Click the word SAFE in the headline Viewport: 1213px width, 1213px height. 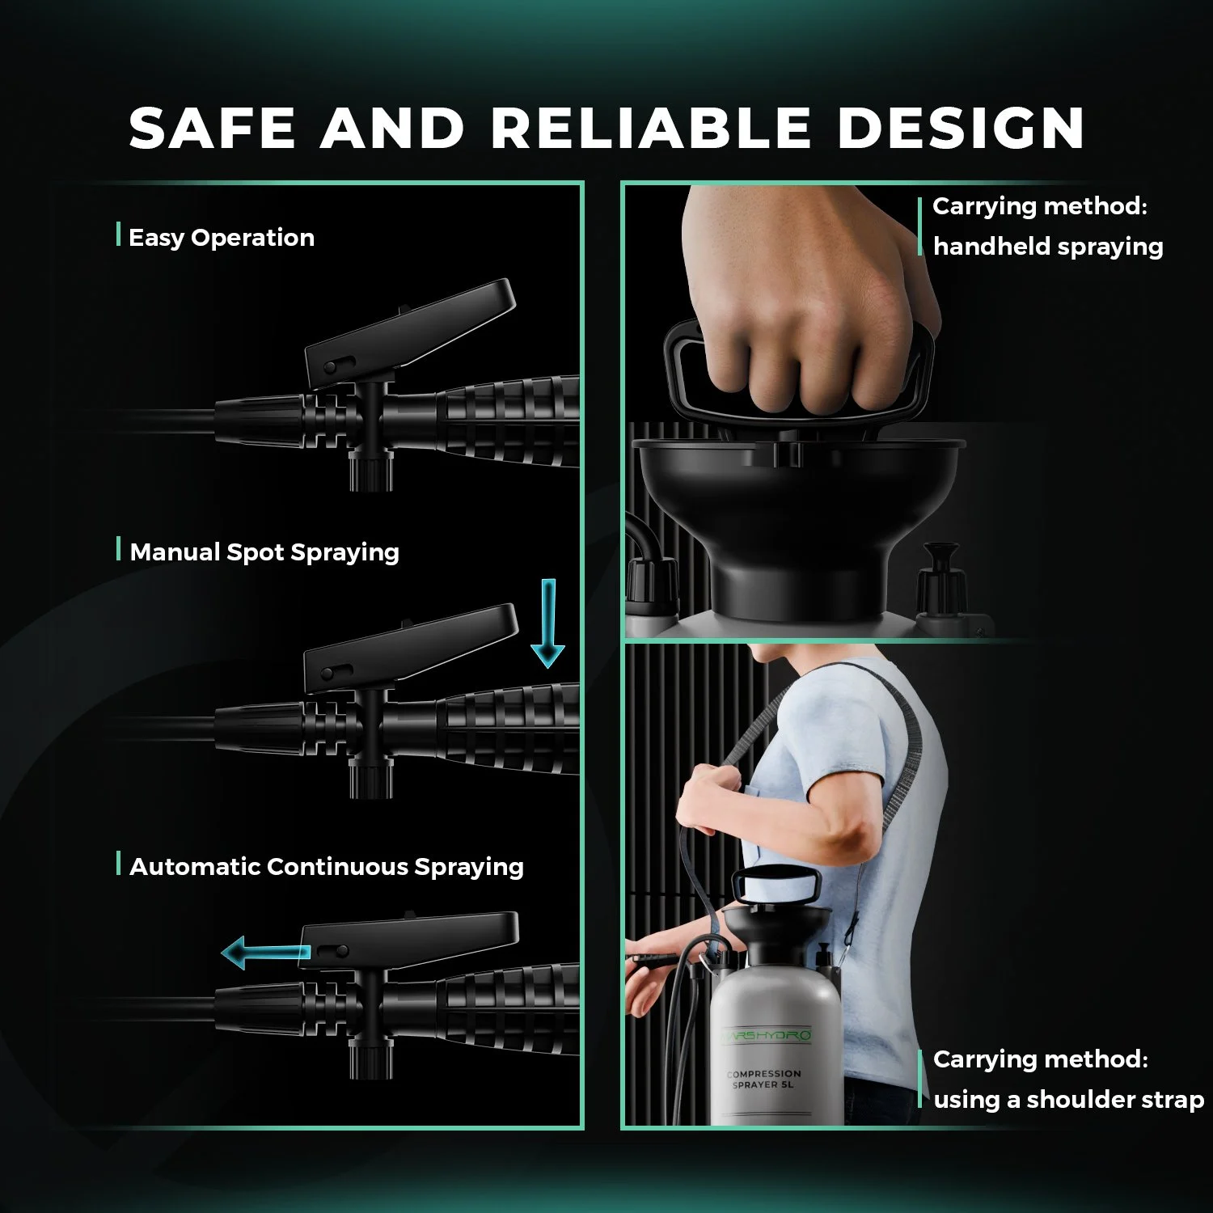click(212, 128)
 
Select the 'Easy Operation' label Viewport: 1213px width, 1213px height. click(221, 238)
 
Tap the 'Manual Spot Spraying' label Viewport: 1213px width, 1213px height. click(264, 552)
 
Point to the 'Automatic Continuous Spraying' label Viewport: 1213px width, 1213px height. click(327, 867)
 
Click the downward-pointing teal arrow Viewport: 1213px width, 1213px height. click(547, 623)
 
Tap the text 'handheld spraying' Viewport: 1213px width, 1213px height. click(1048, 247)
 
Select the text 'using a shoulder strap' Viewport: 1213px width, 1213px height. click(1068, 1100)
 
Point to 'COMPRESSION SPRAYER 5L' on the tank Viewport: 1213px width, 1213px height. click(764, 1079)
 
